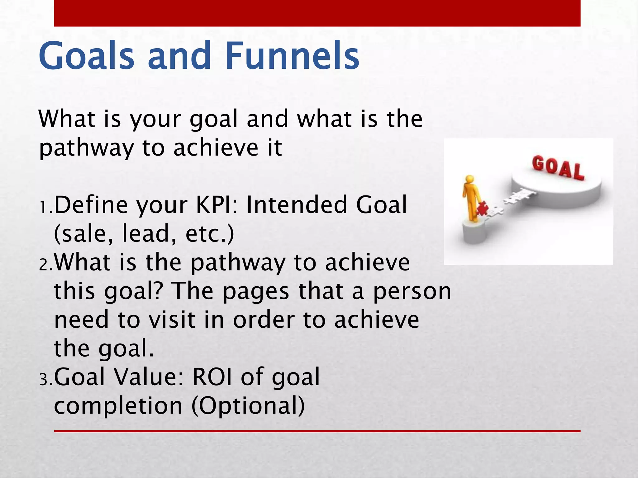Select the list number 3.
pos(45,380)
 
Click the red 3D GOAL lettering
pos(557,168)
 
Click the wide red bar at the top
pos(317,13)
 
